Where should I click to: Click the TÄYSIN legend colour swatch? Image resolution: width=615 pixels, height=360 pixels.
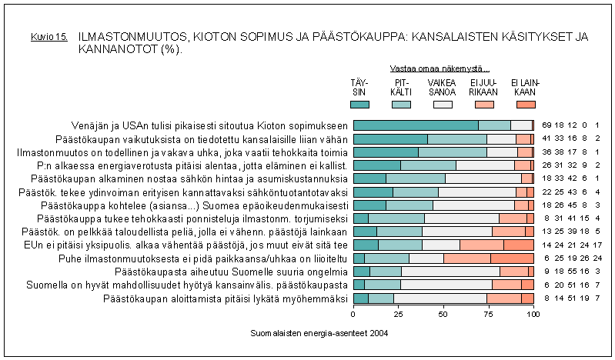point(359,104)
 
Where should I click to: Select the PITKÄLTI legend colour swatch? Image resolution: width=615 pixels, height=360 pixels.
point(401,104)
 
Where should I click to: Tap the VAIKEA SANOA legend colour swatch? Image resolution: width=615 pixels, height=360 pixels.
point(443,104)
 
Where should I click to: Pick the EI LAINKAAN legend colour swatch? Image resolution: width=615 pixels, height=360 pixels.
point(526,104)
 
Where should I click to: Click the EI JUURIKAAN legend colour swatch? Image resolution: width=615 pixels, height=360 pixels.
point(484,104)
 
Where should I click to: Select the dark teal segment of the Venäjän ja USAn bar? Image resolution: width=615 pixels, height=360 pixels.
point(416,125)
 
